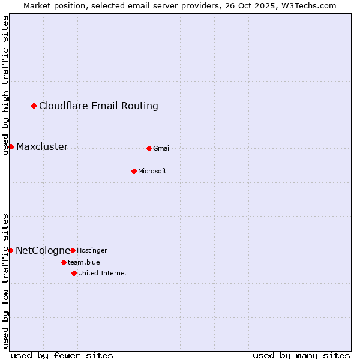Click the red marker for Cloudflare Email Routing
click(34, 106)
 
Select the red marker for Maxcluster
click(11, 146)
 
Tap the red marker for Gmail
click(149, 148)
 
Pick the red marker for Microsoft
click(134, 171)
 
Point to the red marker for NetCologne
click(10, 250)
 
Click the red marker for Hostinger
click(73, 250)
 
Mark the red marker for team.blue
click(64, 262)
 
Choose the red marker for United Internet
click(74, 273)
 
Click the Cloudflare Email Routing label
click(98, 106)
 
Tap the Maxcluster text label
click(42, 147)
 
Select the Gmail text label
click(162, 148)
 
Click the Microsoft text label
click(152, 171)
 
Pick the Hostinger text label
click(92, 250)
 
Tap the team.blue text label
click(84, 262)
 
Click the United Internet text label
click(103, 273)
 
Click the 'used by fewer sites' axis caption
click(62, 355)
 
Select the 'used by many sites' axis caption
click(301, 355)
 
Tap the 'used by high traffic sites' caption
click(5, 85)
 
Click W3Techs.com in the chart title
click(307, 5)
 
